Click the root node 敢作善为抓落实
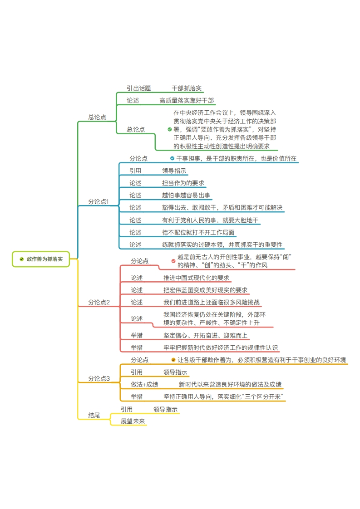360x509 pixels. click(x=41, y=259)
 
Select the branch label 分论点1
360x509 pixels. click(x=99, y=201)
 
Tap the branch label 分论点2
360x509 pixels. click(x=99, y=302)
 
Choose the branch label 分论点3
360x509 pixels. click(x=99, y=378)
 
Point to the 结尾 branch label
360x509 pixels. click(x=94, y=415)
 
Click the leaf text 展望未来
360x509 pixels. click(x=133, y=421)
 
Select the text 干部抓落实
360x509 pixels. click(x=187, y=88)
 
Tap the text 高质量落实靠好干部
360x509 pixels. click(x=187, y=101)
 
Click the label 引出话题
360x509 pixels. click(x=139, y=88)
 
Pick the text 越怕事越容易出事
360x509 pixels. click(x=186, y=196)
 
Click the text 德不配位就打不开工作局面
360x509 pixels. click(x=198, y=232)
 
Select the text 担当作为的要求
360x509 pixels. click(x=183, y=183)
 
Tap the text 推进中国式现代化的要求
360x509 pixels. click(x=196, y=278)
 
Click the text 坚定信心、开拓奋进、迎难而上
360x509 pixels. click(x=205, y=335)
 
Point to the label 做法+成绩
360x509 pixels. click(x=144, y=384)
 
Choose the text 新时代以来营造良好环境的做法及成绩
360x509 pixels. click(x=230, y=384)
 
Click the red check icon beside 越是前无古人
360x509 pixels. click(x=173, y=261)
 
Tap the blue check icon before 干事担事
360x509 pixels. click(x=172, y=158)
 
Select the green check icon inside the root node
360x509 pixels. click(x=22, y=259)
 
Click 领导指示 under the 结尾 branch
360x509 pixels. click(x=165, y=409)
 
